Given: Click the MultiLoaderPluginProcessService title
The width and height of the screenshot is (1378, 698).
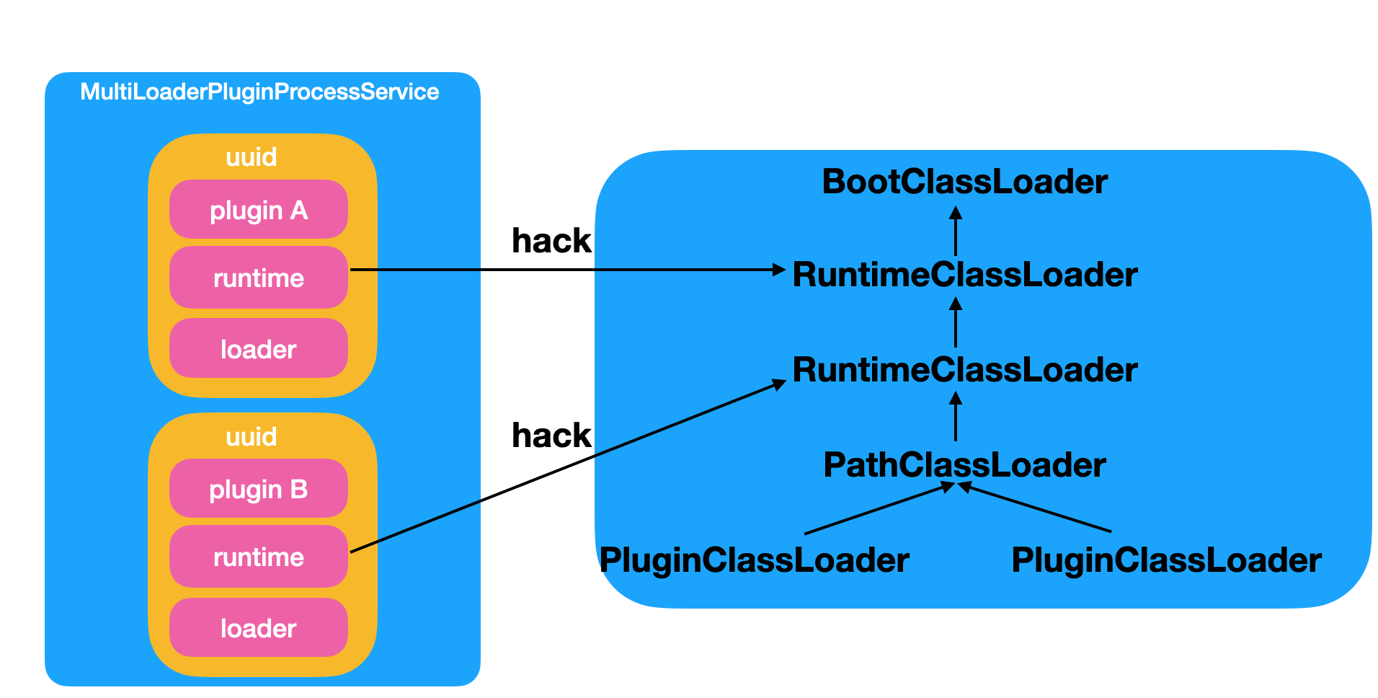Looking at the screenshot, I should click(x=259, y=92).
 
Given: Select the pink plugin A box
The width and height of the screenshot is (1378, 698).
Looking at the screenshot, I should click(x=259, y=210).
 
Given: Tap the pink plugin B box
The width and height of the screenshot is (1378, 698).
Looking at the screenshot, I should click(x=259, y=489).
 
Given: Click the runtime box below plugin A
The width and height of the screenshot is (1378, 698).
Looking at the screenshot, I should click(x=259, y=278).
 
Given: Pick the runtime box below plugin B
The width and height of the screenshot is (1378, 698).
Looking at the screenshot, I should click(x=259, y=557).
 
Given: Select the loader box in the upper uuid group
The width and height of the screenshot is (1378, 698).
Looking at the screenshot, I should click(x=259, y=349).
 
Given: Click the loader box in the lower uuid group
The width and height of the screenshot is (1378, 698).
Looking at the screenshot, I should click(x=259, y=628).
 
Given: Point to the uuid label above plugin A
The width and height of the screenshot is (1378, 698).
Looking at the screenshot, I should click(x=252, y=156).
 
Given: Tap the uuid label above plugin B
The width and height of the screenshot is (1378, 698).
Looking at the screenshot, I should click(x=252, y=436).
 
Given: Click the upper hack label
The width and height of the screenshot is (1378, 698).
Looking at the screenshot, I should click(x=551, y=241).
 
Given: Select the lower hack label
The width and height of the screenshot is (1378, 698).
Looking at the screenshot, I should click(x=551, y=436).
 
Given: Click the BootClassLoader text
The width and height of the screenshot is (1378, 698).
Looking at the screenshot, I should click(x=964, y=182).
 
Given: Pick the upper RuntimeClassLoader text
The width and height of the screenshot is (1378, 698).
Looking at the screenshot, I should click(x=964, y=275).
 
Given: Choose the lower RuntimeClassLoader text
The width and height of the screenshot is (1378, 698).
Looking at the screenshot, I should click(x=964, y=370).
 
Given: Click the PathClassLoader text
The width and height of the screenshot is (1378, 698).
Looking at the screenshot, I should click(x=964, y=465).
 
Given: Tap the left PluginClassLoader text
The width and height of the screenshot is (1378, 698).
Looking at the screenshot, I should click(x=754, y=560).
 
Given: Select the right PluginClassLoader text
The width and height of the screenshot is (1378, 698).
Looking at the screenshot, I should click(x=1166, y=560).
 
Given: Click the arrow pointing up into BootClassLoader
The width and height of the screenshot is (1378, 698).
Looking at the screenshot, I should click(x=956, y=231).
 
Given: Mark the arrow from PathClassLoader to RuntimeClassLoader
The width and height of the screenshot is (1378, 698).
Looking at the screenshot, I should click(x=956, y=417).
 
